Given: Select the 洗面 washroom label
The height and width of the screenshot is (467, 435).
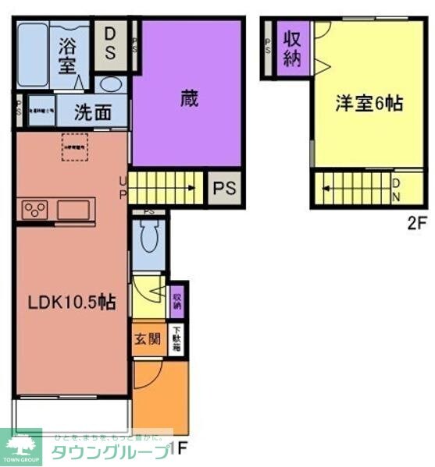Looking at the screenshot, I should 92,112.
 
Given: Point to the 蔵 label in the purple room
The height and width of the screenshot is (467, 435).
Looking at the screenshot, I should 188,100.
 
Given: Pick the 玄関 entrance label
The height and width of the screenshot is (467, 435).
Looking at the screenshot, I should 147,339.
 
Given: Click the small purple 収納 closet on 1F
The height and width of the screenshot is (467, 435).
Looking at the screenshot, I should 177,301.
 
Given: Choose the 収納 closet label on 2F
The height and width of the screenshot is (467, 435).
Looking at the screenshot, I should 292,48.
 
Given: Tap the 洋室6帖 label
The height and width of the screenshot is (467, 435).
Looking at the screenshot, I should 369,103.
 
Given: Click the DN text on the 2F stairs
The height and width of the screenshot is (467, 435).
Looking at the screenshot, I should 397,188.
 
